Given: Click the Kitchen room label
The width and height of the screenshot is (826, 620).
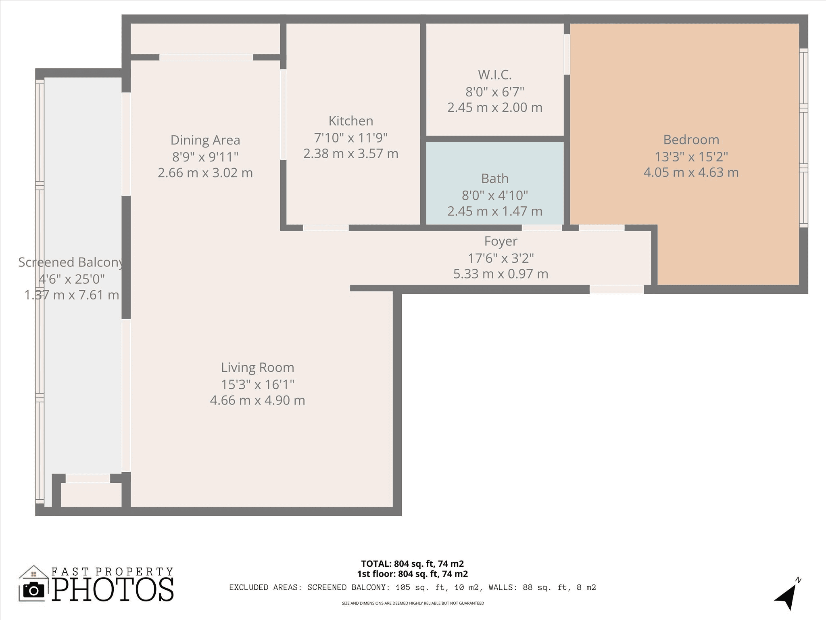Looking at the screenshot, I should (x=350, y=121).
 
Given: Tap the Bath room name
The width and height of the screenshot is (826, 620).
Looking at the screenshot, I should (x=494, y=178).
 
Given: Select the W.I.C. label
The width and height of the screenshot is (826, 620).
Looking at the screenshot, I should (x=494, y=75).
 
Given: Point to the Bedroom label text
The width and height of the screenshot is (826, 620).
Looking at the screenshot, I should (x=691, y=140).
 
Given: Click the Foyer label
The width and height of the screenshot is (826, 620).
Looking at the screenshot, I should (x=501, y=241).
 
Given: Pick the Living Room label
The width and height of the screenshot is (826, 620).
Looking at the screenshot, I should (x=257, y=367).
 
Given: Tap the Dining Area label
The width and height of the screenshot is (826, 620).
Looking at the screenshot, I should (x=205, y=140).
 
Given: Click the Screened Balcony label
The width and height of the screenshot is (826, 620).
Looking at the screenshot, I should (x=71, y=262).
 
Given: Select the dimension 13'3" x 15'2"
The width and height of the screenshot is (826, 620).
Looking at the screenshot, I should (x=691, y=157).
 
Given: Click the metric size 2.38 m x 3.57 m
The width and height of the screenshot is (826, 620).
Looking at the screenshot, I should (x=350, y=154).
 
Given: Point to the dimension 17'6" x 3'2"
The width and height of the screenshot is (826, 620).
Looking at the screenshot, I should (x=501, y=258).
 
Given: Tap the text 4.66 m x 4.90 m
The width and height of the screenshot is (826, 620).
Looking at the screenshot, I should (x=257, y=400).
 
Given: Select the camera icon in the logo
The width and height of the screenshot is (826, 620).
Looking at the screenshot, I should (x=34, y=591).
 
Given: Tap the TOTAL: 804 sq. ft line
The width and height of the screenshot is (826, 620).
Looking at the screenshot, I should (x=412, y=563).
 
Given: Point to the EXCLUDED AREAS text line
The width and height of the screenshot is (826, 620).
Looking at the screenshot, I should (x=412, y=587).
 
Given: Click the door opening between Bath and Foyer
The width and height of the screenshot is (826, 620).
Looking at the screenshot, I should (x=542, y=228).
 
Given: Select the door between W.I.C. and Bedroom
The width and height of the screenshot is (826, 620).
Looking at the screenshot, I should (x=567, y=54).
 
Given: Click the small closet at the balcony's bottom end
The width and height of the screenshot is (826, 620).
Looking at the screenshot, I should (x=91, y=494).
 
